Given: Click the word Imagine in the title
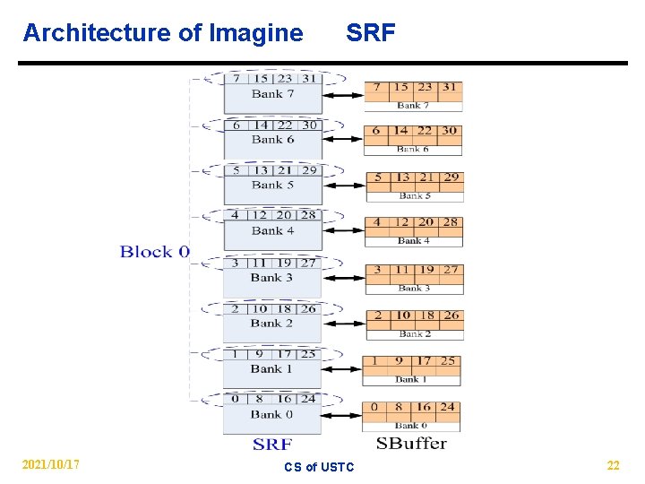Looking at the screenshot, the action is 255,33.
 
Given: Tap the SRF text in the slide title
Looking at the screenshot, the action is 370,33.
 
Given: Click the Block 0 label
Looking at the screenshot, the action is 155,252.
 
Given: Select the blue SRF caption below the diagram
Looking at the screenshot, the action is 271,444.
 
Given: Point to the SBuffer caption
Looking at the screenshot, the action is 411,443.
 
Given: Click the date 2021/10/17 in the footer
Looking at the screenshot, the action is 51,464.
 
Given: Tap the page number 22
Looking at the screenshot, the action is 613,465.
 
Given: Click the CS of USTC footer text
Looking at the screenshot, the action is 319,467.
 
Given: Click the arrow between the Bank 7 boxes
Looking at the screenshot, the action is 343,95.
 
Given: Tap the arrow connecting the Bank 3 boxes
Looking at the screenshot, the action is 343,278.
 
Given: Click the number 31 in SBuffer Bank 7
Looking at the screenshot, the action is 449,88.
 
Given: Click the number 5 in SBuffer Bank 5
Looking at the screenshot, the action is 378,177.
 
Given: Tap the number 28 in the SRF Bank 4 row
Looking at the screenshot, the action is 308,215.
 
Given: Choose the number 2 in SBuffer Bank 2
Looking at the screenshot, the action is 378,315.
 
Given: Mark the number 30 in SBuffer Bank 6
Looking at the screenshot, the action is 449,131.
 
